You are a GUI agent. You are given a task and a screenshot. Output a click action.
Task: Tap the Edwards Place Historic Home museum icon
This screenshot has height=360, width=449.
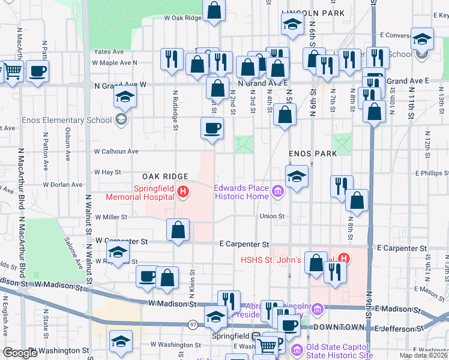pos(277,193)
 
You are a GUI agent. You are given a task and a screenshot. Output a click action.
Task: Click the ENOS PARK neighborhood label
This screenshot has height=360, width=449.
pos(312,154)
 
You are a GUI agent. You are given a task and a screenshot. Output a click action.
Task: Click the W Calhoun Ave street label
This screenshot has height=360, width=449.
pos(116,152)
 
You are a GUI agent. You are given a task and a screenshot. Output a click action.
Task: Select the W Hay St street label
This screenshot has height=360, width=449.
pos(107,172)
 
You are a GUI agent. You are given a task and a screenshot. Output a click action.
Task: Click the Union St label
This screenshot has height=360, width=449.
pos(272,216)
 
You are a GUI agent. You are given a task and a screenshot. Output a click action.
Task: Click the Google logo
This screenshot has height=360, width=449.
pos(20,353)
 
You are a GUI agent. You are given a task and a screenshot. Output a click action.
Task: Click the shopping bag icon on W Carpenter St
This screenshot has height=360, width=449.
pos(178,230)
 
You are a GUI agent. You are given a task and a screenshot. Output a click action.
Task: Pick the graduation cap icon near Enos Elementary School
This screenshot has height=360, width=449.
pos(125,96)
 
